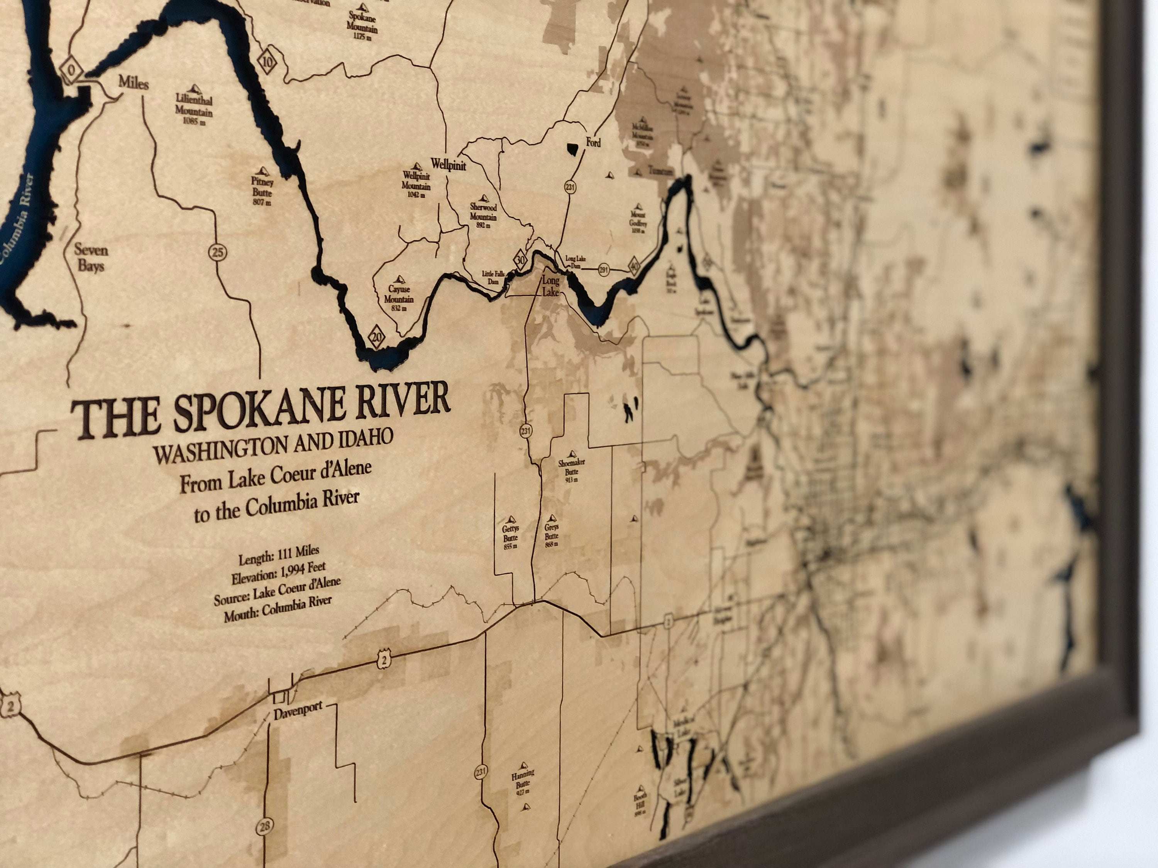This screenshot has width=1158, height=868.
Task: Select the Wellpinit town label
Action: [x=448, y=164]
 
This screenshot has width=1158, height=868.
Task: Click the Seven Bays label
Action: [x=91, y=257]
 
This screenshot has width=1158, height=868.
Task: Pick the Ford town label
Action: [x=593, y=142]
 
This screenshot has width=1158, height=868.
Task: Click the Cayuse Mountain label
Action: [x=399, y=296]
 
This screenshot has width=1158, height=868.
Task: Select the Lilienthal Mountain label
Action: [x=194, y=108]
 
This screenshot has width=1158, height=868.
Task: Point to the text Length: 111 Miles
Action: [x=279, y=555]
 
